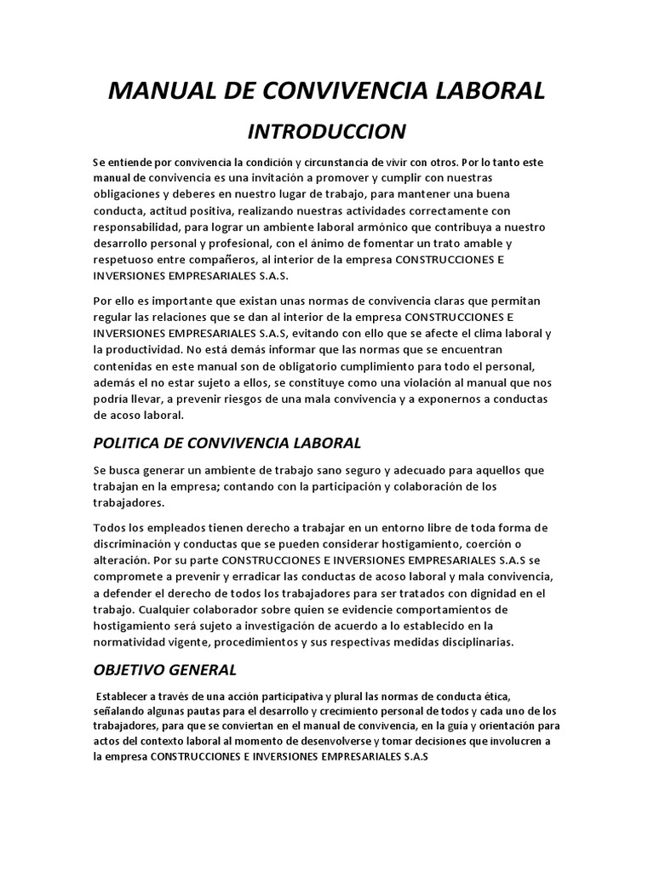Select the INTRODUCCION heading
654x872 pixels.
coord(326,131)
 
